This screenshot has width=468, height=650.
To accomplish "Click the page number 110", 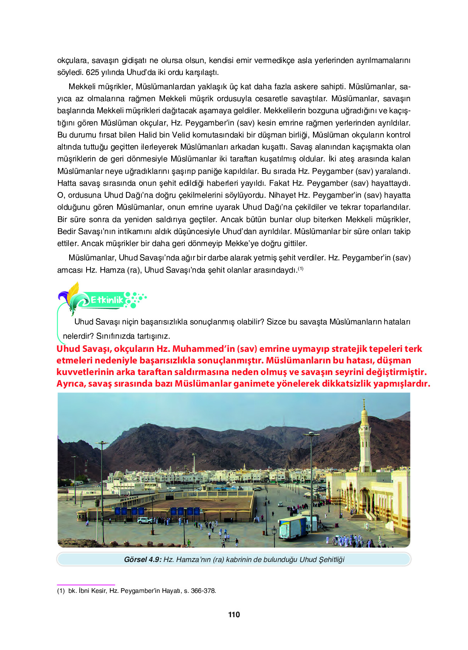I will [x=234, y=614].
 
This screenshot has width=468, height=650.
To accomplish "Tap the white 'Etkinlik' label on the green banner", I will [x=107, y=300].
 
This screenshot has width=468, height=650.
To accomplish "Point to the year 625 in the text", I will [x=92, y=72].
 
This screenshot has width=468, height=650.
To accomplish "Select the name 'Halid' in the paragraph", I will [x=148, y=135].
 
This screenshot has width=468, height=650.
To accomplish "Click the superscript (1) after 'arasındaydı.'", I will [x=301, y=268].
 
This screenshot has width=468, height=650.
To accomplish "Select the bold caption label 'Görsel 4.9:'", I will [x=142, y=559].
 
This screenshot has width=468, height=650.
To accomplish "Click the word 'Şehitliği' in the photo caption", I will [x=331, y=559].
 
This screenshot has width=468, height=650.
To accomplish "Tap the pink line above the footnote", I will [x=86, y=585].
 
